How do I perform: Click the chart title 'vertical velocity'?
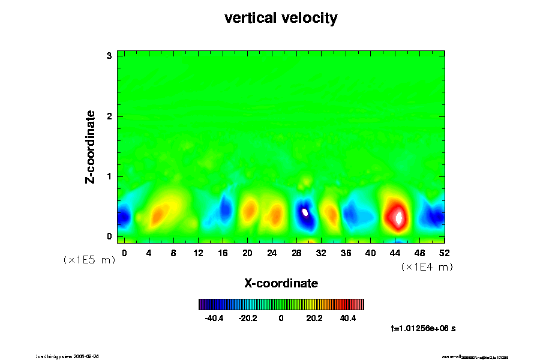point(281,18)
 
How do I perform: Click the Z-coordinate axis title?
point(91,146)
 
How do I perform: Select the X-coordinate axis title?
point(281,283)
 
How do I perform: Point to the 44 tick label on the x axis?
point(395,253)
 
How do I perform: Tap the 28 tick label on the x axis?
point(296,253)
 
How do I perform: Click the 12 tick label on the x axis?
point(198,253)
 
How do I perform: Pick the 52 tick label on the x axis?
point(445,253)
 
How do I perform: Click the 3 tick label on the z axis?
point(109,56)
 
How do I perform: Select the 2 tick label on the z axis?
point(109,116)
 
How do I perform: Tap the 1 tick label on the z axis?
point(109,176)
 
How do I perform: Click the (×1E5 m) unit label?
point(89,260)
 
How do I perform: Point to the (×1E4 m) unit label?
point(427,267)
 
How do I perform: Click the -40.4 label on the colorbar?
point(214,318)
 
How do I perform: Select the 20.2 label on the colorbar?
point(314,318)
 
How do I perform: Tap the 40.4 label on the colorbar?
point(348,318)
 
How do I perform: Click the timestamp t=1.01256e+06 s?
point(423,328)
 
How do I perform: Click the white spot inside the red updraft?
point(398,217)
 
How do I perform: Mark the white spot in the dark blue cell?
point(305,212)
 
